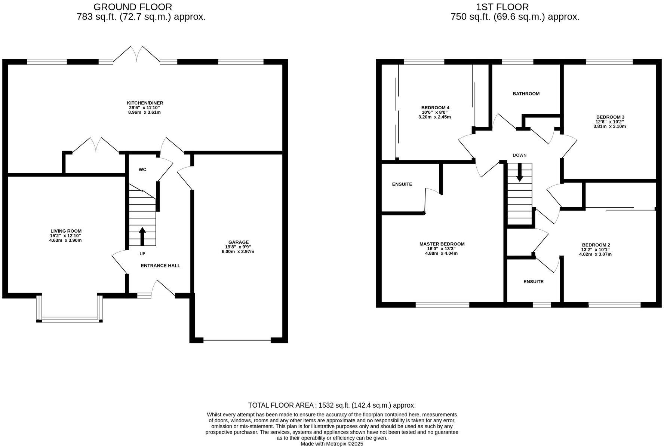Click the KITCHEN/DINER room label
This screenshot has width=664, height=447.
click(x=145, y=103)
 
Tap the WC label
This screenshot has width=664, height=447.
click(x=142, y=169)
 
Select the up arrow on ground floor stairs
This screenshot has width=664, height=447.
click(x=142, y=236)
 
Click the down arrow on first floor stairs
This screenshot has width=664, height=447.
click(x=519, y=174)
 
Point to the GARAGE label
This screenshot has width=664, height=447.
click(x=238, y=242)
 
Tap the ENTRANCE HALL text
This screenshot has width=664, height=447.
click(x=160, y=266)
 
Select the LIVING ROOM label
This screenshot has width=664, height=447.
click(x=66, y=231)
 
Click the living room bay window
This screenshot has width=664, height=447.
click(x=70, y=319)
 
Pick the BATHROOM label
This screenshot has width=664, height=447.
click(x=526, y=94)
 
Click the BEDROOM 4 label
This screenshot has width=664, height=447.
click(x=435, y=108)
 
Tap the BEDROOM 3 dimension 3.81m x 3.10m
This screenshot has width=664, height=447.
click(x=609, y=126)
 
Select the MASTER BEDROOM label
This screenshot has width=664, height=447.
click(x=442, y=244)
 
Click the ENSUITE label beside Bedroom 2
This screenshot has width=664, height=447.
click(x=533, y=282)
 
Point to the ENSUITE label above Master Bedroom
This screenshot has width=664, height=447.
click(x=402, y=184)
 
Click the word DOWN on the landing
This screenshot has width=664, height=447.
click(x=519, y=155)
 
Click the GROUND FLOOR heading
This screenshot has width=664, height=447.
click(x=132, y=7)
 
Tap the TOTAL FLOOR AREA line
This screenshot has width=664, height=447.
click(x=332, y=405)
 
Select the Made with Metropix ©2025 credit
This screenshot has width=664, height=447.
click(x=332, y=444)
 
